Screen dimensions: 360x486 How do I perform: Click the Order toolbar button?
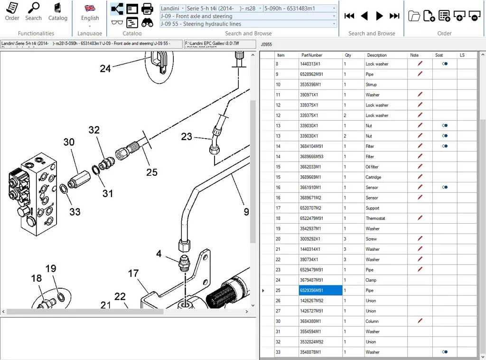point(12,12)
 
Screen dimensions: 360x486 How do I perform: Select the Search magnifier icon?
point(33,12)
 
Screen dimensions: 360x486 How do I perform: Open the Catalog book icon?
point(57,12)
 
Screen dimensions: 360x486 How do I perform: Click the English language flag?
point(90,9)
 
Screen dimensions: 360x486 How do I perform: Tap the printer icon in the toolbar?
point(147,9)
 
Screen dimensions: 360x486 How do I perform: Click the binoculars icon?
point(147,22)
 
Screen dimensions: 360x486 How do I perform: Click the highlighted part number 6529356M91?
point(320,290)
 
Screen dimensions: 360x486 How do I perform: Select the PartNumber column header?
point(312,55)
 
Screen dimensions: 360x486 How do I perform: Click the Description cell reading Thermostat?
point(375,218)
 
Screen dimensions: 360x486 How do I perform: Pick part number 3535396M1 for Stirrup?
point(310,85)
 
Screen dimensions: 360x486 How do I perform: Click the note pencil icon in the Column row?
point(420,321)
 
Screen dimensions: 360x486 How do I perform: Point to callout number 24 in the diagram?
point(105,69)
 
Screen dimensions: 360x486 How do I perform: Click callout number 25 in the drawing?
point(151,172)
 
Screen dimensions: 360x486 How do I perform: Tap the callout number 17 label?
point(133,274)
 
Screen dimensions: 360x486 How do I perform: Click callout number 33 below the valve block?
point(75,212)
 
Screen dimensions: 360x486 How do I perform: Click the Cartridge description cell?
point(374,177)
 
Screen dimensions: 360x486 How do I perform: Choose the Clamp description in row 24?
point(371,280)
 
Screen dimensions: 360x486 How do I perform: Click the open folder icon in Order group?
point(414,16)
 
